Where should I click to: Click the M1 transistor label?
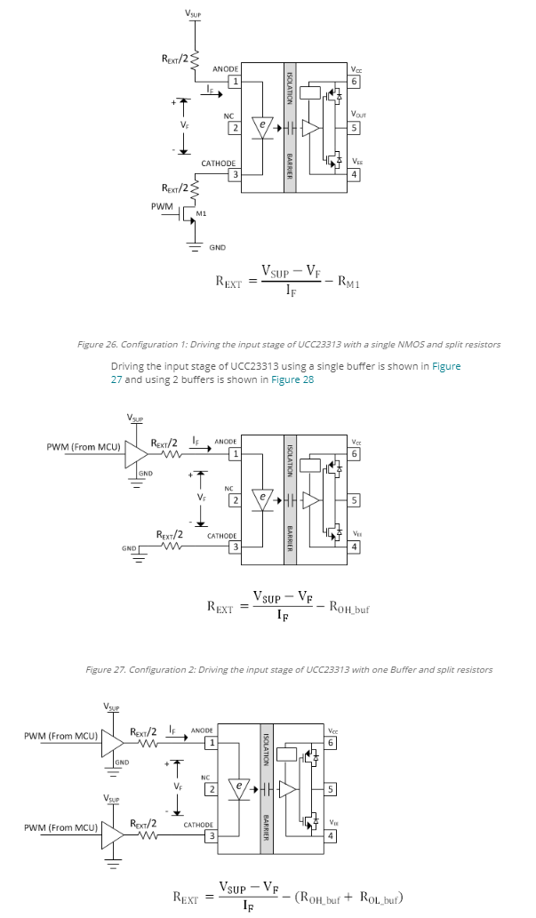click(201, 214)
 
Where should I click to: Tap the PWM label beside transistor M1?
click(162, 205)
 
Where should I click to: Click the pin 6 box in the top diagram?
click(355, 82)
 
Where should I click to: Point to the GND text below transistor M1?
click(217, 247)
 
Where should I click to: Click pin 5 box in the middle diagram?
click(355, 500)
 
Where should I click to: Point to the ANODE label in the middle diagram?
click(226, 441)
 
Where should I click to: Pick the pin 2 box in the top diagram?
click(235, 128)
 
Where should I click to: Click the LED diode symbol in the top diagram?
click(262, 127)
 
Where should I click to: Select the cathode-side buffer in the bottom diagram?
click(112, 833)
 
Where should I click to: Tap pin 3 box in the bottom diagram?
click(212, 835)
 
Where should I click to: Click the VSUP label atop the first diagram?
click(193, 12)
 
